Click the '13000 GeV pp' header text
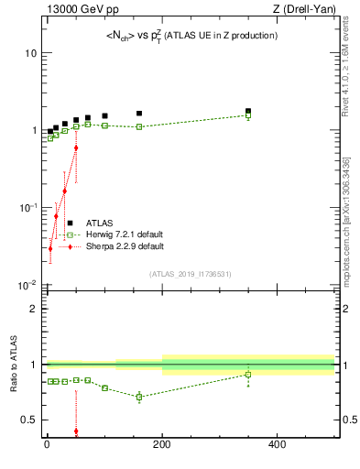pos(77,9)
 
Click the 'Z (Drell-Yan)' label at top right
pos(306,9)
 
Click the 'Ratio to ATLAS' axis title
pos(13,366)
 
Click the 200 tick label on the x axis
pos(162,445)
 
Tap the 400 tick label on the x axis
pos(277,445)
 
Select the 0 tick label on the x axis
pos(47,445)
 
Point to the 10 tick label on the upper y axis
pos(30,53)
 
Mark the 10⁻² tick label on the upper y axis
pos(28,285)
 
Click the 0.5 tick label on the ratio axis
pos(30,420)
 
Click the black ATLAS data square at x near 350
pos(247,112)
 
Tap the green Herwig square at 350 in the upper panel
pos(247,116)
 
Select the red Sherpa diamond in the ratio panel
pos(75,431)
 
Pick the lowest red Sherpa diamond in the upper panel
pos(50,248)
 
